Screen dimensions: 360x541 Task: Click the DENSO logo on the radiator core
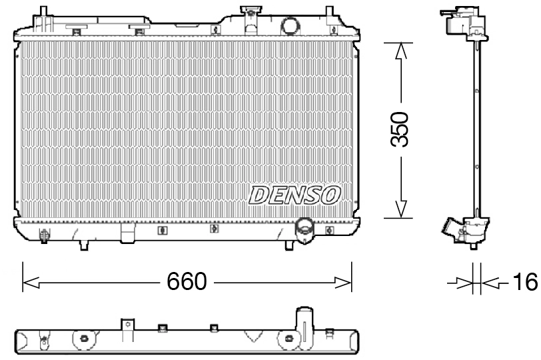[x=294, y=195]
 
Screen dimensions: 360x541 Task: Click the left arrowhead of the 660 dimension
[x=29, y=283]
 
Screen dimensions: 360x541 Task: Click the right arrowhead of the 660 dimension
[x=344, y=283]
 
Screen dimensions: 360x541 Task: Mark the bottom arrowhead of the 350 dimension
[x=399, y=210]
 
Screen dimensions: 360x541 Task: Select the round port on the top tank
[x=291, y=25]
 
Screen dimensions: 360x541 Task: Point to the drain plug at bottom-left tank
[x=45, y=235]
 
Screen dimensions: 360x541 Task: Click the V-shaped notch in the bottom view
[x=253, y=336]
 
